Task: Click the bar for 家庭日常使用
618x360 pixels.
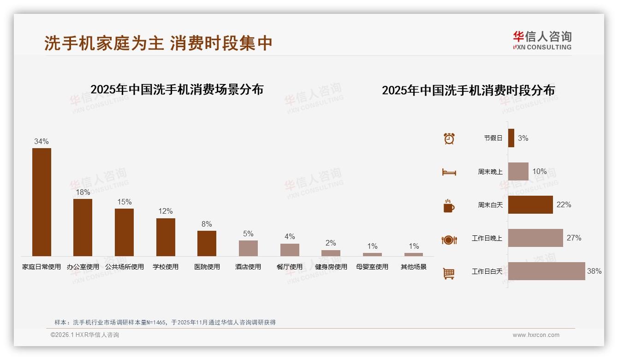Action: point(42,202)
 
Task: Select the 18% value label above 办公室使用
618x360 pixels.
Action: point(83,192)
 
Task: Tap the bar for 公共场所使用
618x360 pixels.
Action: point(124,232)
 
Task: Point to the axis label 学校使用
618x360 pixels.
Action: point(166,267)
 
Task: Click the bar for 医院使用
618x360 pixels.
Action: point(207,243)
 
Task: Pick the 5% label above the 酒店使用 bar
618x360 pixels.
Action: point(248,234)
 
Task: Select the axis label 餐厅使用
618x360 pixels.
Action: point(290,267)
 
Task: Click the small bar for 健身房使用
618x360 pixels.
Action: point(331,253)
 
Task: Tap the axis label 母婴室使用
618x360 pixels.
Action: point(372,267)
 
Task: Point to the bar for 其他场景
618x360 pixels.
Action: point(414,254)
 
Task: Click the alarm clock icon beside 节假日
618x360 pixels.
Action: point(449,138)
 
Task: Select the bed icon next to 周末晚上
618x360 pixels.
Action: point(449,172)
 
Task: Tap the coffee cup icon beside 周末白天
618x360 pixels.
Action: point(449,206)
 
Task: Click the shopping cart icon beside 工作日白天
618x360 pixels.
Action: point(449,273)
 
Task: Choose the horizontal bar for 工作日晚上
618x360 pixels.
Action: point(535,238)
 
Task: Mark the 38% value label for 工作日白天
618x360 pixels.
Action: point(594,271)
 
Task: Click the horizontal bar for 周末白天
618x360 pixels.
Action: point(530,205)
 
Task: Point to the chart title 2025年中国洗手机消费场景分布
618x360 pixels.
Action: point(177,90)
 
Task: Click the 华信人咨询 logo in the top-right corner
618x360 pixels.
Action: point(542,40)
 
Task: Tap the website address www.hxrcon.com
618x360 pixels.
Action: point(536,335)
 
